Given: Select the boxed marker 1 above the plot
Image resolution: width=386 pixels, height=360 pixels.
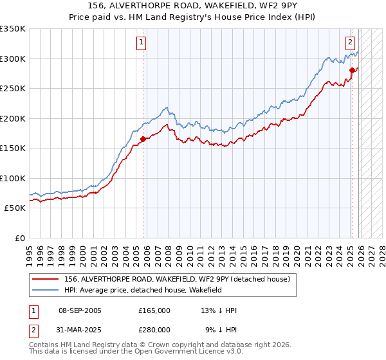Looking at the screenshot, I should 141,43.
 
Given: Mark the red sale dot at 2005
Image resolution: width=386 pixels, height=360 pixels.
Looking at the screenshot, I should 143,139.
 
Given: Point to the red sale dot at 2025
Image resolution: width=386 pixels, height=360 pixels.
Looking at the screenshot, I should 352,70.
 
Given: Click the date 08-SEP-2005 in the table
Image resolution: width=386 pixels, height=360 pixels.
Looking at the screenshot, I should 80,310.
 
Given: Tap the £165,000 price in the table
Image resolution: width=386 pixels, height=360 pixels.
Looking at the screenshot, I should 154,310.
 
